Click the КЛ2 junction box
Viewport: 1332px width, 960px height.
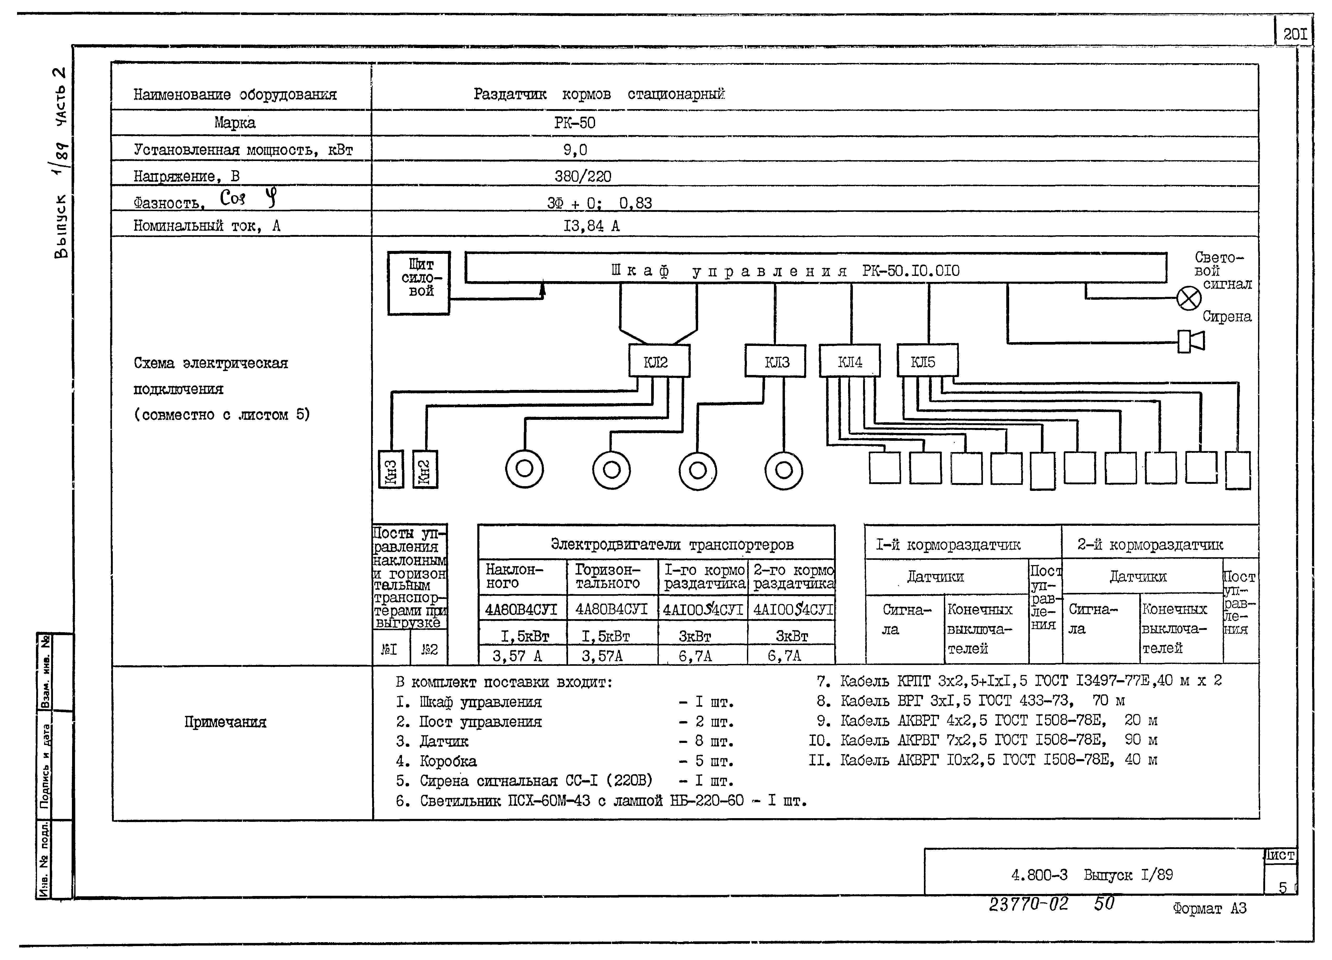click(x=658, y=361)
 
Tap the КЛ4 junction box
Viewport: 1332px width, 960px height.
click(x=849, y=361)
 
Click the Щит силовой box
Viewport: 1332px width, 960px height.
click(x=419, y=283)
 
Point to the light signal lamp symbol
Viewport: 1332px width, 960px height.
click(x=1189, y=299)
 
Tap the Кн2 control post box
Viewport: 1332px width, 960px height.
click(x=425, y=469)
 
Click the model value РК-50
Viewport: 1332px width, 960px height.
click(x=574, y=123)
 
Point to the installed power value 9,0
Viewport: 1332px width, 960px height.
click(x=574, y=150)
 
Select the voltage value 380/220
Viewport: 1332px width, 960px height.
click(x=582, y=176)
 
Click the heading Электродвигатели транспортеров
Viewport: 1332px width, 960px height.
click(x=672, y=544)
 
